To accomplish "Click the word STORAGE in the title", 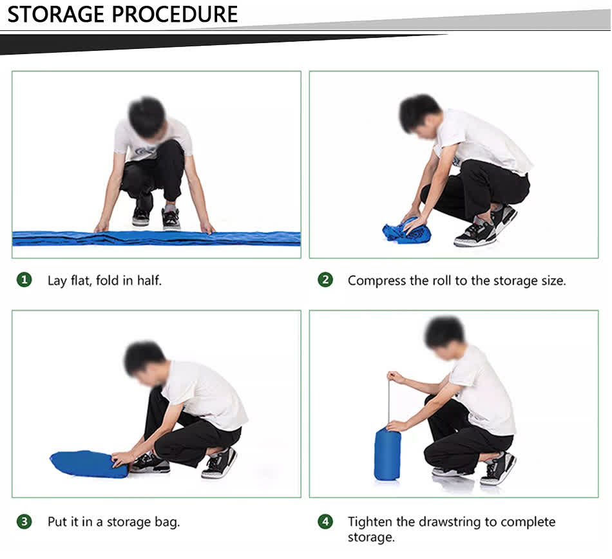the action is (56, 15).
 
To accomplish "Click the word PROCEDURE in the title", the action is (175, 15).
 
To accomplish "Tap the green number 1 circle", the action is (24, 279).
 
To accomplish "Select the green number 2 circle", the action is (325, 279).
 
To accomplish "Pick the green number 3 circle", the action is (24, 522).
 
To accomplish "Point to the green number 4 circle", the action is (325, 522).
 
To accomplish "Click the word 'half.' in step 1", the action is (149, 280).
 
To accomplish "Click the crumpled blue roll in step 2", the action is (406, 231).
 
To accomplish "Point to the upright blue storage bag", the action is (387, 454).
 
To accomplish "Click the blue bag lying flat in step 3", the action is (89, 464).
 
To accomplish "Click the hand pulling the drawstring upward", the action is (395, 377).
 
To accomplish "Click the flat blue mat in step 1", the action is (156, 238).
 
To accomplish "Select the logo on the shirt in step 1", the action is (143, 150).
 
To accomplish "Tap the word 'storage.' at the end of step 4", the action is (371, 538).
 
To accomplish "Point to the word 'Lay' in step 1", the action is (57, 281).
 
